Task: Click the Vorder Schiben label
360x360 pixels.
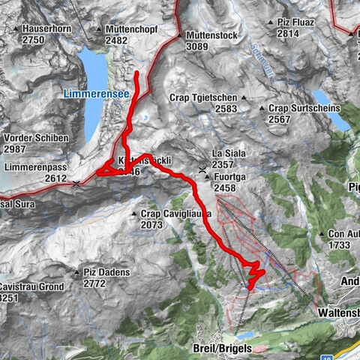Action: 36,138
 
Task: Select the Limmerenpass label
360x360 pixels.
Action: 36,168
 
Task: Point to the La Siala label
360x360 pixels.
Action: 229,154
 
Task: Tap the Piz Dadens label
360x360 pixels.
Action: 107,272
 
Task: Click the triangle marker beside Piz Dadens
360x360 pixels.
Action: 76,272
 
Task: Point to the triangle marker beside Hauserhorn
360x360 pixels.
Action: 16,28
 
